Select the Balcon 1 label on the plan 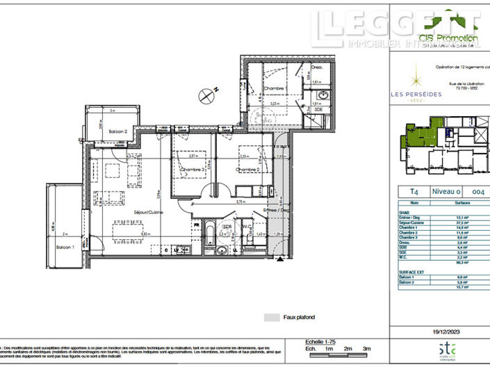tap(65, 246)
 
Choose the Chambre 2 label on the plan tap(247, 170)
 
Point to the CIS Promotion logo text tap(448, 38)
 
